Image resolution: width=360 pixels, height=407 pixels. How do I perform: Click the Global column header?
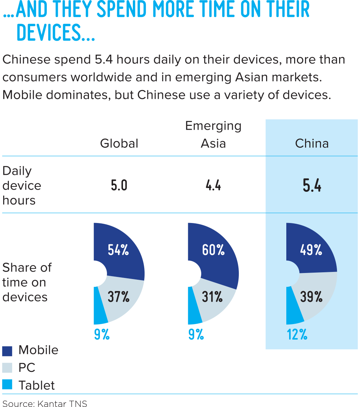(x=119, y=144)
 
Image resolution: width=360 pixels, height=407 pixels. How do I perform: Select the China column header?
(x=312, y=144)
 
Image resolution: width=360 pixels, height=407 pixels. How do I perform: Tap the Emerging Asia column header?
(x=213, y=135)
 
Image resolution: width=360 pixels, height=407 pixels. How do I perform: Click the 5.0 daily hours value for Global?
(x=119, y=186)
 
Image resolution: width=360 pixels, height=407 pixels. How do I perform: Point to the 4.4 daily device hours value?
(x=213, y=186)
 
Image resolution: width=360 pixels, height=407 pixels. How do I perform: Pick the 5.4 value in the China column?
(x=312, y=186)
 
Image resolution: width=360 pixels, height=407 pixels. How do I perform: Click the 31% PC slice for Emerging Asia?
(x=213, y=297)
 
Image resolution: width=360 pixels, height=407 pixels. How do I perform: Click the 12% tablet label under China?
(x=297, y=335)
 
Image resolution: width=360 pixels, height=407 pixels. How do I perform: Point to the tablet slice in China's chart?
(x=294, y=308)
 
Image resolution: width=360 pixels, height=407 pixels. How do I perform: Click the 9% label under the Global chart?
(x=102, y=335)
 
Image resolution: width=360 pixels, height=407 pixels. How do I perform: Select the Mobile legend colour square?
(x=7, y=351)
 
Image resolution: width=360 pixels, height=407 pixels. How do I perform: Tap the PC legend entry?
(x=27, y=368)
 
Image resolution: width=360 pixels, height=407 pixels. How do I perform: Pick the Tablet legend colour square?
(x=7, y=385)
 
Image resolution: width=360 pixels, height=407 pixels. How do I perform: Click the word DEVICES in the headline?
(x=55, y=33)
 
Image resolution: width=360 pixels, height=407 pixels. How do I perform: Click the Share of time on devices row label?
(x=27, y=282)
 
